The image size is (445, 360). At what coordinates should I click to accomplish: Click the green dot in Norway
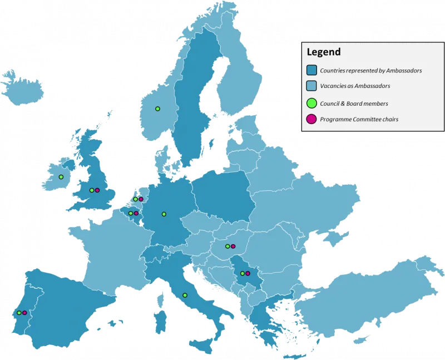157,109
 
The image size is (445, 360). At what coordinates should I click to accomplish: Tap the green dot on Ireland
61,177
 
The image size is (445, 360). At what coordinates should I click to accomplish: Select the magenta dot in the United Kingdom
97,190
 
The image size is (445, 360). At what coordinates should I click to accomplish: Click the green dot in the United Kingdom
91,190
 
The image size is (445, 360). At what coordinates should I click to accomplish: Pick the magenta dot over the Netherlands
141,199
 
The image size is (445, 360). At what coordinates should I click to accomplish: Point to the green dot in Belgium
131,213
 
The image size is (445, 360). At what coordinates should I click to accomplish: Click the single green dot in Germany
164,214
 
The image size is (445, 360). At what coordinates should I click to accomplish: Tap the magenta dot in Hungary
233,246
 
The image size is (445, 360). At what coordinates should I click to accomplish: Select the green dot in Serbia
242,273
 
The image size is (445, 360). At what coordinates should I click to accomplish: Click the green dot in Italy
185,295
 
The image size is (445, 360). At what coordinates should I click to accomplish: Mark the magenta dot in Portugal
24,313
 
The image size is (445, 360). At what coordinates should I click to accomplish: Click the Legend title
324,53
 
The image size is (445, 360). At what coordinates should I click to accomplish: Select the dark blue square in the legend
312,71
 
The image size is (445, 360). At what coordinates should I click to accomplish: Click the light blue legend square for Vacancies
312,86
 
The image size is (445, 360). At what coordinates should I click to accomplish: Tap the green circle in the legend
312,103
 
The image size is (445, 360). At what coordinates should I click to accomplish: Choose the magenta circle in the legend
312,119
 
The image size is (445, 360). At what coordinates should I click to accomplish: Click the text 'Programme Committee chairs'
359,119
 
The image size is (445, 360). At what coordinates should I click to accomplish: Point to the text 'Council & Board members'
354,103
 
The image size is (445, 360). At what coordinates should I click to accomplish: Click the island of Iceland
22,89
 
